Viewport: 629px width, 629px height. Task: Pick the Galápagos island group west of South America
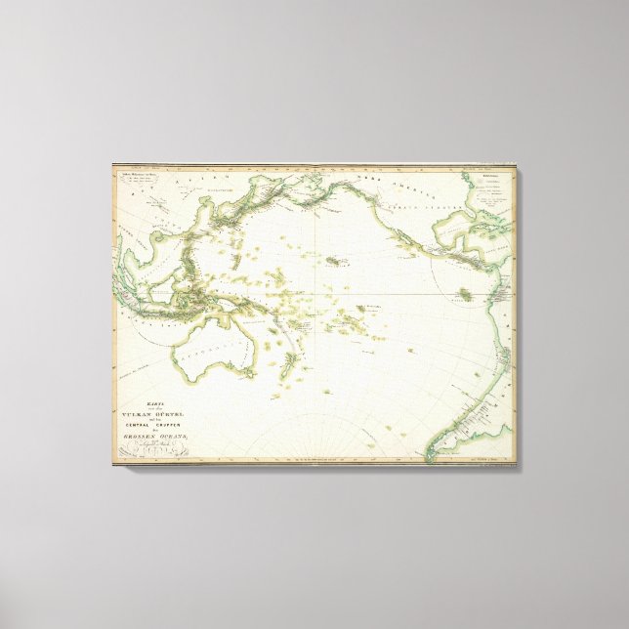click(468, 293)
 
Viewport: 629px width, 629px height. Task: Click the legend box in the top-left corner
click(142, 181)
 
